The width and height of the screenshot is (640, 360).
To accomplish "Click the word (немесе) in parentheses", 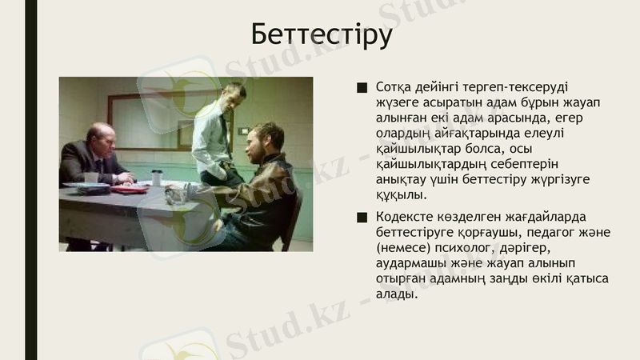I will click(405, 248).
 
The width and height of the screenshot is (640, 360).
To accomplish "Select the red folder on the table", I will click(130, 190).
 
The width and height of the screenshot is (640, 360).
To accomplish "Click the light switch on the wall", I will click(242, 130).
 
